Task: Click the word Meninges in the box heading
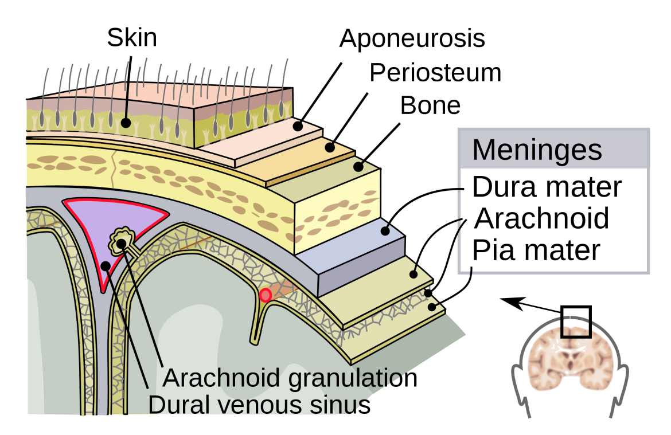pos(537,150)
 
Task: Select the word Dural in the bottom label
pos(174,405)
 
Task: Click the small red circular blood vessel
pos(266,295)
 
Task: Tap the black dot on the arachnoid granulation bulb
pos(122,244)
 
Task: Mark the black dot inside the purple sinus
pos(106,266)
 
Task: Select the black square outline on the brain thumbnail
pos(576,332)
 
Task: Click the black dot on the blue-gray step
pos(385,231)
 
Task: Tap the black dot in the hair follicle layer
pos(126,123)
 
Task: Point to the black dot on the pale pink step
pos(297,126)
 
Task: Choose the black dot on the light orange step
pos(330,147)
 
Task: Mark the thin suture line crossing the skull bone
pos(114,163)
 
